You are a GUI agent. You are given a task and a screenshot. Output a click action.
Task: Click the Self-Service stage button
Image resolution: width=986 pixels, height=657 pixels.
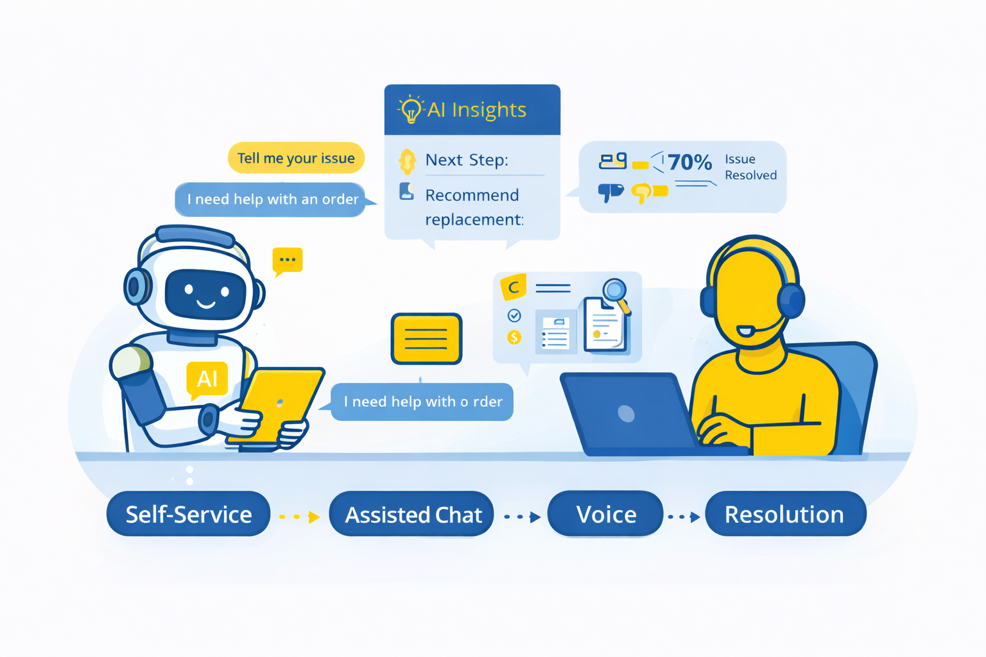click(x=188, y=514)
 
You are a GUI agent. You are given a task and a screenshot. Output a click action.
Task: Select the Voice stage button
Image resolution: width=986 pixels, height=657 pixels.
click(x=605, y=514)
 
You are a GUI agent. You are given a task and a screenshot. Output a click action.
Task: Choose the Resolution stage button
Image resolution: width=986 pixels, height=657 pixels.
click(x=785, y=514)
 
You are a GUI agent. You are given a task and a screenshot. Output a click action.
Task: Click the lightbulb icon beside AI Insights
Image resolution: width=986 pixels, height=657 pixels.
click(x=411, y=110)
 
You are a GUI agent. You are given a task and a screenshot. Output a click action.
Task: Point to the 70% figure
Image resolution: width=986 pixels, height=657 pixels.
click(x=690, y=162)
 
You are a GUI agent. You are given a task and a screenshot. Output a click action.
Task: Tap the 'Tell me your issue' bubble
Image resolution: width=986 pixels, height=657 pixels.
click(x=296, y=158)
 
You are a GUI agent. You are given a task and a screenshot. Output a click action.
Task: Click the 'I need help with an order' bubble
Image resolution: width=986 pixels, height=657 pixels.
click(x=272, y=199)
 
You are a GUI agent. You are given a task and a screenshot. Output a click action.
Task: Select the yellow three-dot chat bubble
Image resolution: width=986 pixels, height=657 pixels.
click(x=287, y=260)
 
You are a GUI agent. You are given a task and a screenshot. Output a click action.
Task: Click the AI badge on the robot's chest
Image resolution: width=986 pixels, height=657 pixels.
click(x=207, y=379)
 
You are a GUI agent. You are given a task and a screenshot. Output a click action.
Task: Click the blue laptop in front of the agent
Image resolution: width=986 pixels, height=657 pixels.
click(x=626, y=414)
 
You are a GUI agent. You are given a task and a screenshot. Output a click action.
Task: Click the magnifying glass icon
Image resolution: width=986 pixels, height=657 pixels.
click(x=615, y=291)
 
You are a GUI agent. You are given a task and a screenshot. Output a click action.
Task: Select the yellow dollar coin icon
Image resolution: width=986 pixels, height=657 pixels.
click(x=514, y=337)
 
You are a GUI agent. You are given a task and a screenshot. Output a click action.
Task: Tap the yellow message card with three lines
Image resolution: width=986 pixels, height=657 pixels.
click(x=426, y=338)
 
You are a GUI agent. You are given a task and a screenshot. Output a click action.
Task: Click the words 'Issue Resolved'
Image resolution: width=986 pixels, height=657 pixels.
click(x=750, y=167)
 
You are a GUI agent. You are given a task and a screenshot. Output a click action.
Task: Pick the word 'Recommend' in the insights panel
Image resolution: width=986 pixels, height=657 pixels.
click(x=472, y=195)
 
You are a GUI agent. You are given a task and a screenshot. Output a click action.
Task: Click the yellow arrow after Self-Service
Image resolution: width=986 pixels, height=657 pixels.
click(x=313, y=517)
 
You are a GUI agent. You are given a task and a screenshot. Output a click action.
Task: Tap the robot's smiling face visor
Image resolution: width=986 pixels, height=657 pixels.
click(x=205, y=294)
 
